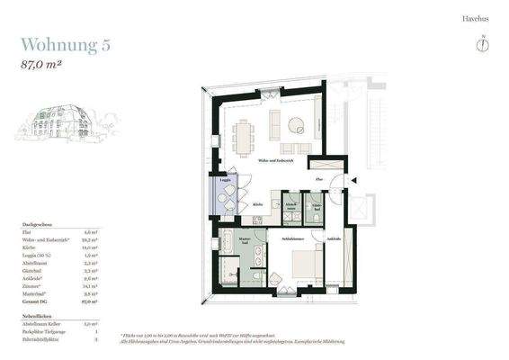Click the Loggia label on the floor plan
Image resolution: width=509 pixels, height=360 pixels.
point(225,181)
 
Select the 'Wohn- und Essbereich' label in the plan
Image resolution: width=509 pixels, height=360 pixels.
point(276,161)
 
